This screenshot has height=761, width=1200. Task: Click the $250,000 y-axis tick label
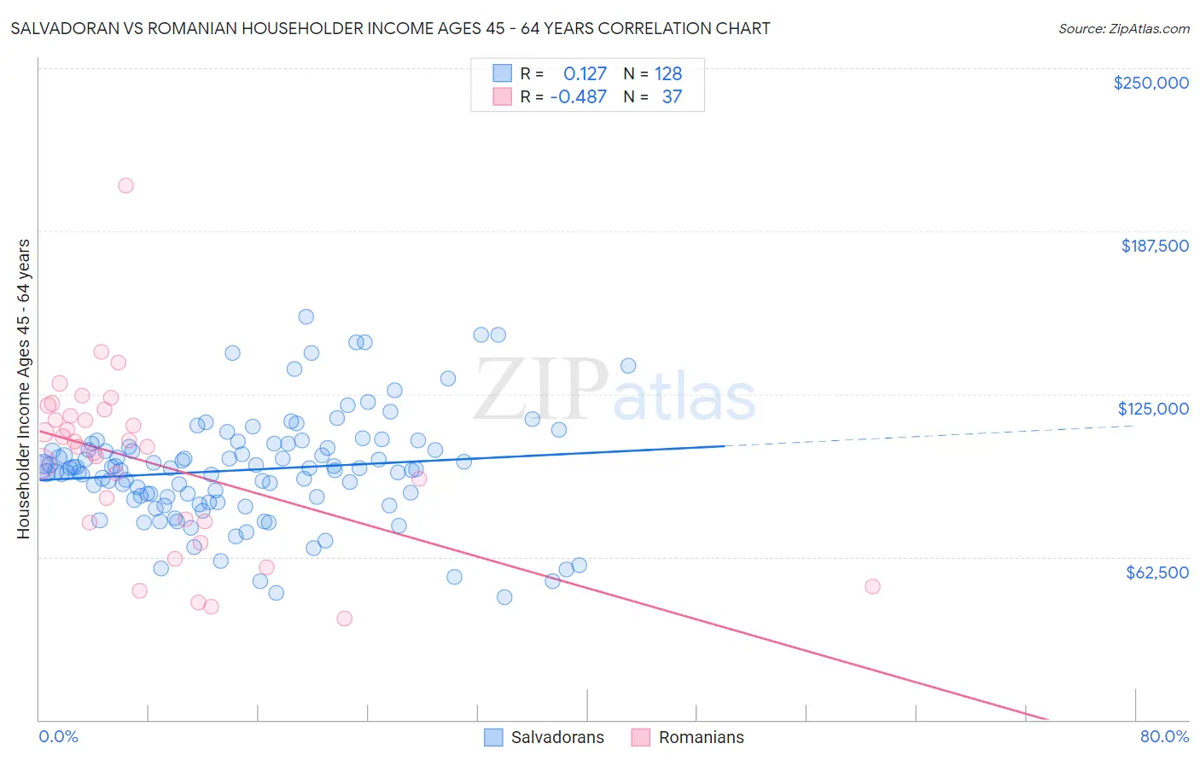coord(1150,83)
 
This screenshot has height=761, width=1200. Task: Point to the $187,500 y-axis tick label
coord(1154,246)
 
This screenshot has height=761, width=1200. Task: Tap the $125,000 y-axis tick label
coord(1153,409)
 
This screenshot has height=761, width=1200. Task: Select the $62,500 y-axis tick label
coord(1156,572)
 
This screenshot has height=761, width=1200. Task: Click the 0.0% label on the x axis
coord(58,736)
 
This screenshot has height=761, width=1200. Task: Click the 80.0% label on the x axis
coord(1164,736)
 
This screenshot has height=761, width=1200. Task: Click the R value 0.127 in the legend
coord(585,73)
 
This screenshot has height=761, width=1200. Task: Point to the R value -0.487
coord(578,96)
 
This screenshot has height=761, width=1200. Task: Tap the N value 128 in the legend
coord(668,73)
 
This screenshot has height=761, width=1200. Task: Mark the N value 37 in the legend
coord(672,96)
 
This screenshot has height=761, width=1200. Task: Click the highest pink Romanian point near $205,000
coord(125,185)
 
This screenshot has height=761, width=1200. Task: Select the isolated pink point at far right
coord(872,586)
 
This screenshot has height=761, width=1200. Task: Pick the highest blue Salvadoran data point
coord(306,317)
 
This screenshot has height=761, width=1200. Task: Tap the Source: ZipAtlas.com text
coord(1123,28)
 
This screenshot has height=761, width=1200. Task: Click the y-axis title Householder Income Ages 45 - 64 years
coord(24,389)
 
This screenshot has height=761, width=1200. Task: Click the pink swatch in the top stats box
coord(502,96)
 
